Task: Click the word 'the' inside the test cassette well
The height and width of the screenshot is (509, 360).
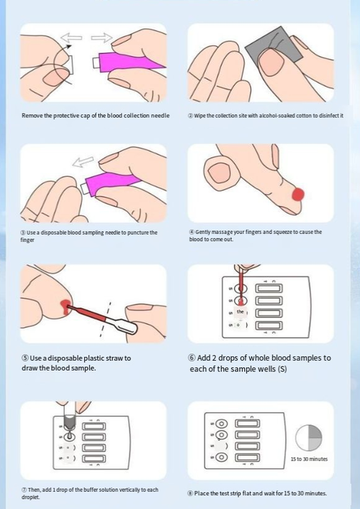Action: [241, 312]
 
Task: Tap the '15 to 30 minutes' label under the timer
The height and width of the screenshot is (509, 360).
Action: [309, 459]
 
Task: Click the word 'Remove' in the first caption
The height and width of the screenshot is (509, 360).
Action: [32, 115]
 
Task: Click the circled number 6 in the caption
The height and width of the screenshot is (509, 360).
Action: [192, 358]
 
